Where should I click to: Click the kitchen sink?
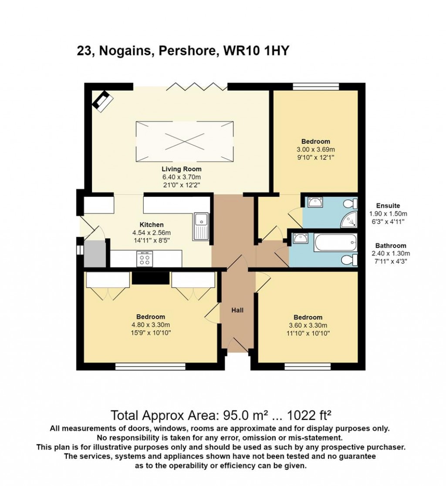click(x=202, y=227)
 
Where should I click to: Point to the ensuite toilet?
click(x=350, y=204)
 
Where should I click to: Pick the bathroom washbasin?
click(x=300, y=238)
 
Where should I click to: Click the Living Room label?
click(x=181, y=169)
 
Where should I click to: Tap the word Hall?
click(x=237, y=310)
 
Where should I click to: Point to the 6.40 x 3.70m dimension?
click(x=181, y=177)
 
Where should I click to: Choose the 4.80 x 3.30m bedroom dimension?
click(x=150, y=325)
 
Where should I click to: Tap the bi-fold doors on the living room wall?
click(x=197, y=85)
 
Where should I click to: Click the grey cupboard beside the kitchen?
click(x=95, y=254)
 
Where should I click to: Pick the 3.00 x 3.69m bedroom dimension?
click(x=316, y=149)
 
